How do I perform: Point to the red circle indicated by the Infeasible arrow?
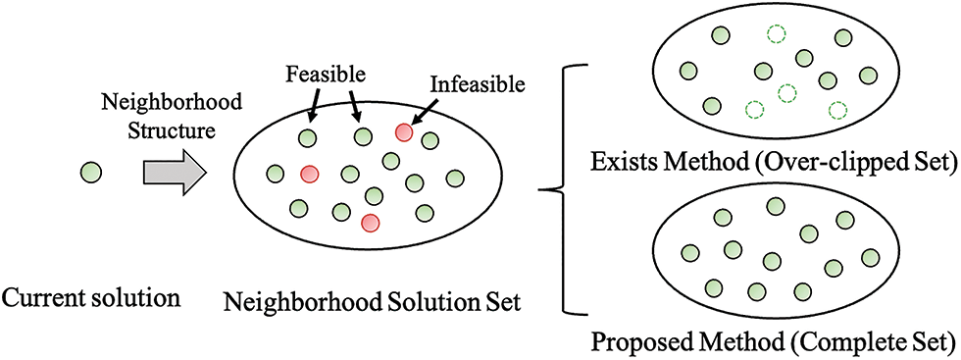point(403,131)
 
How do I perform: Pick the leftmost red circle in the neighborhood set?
point(309,174)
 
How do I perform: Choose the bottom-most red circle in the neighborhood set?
point(371,222)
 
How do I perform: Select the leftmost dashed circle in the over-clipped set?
point(752,108)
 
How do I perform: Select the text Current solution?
point(91,294)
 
